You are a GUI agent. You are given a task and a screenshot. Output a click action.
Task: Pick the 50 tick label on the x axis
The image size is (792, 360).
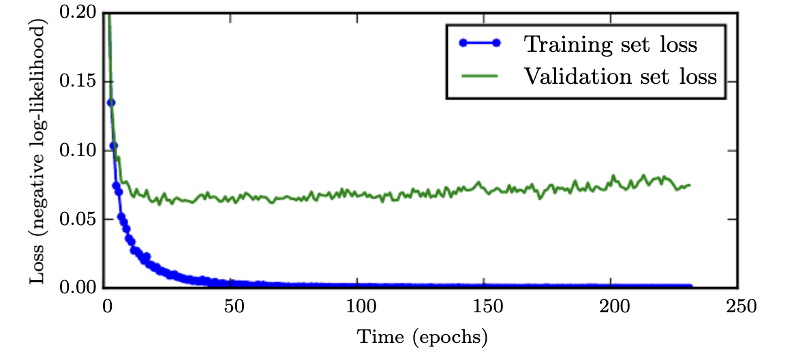coord(233,306)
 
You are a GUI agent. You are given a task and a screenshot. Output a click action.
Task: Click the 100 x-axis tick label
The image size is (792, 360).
coord(359,306)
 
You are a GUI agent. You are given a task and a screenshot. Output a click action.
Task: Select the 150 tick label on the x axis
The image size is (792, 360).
coord(485,306)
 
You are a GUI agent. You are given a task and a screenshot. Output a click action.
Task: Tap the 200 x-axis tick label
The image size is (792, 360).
coord(611,306)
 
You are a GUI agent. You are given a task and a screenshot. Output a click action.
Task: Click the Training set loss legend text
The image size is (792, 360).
coord(610,44)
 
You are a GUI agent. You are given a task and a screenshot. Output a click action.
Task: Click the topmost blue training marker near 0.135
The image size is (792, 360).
coord(110,103)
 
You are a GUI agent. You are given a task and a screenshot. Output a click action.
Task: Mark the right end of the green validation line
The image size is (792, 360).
coord(690,185)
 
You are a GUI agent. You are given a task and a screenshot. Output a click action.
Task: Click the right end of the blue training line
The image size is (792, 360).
coord(690,286)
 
